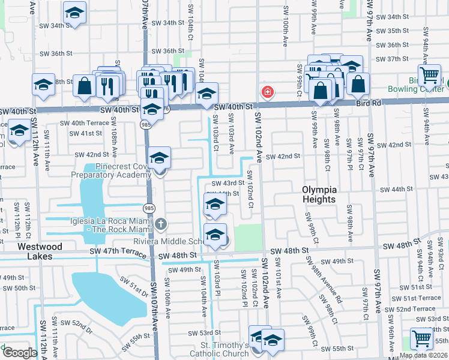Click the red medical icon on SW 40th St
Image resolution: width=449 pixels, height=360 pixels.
point(267,92)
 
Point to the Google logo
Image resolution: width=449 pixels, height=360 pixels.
point(19,353)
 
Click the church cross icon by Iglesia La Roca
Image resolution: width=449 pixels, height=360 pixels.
point(160,224)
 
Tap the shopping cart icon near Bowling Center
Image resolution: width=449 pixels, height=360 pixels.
point(429,76)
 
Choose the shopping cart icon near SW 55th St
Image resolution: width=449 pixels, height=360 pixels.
point(421,338)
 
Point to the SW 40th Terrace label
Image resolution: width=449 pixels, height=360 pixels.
point(84,122)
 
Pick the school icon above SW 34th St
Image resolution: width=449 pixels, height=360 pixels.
point(74,12)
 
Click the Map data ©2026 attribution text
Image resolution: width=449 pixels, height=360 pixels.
point(423,355)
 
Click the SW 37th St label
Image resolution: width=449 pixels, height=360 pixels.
point(393,59)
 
